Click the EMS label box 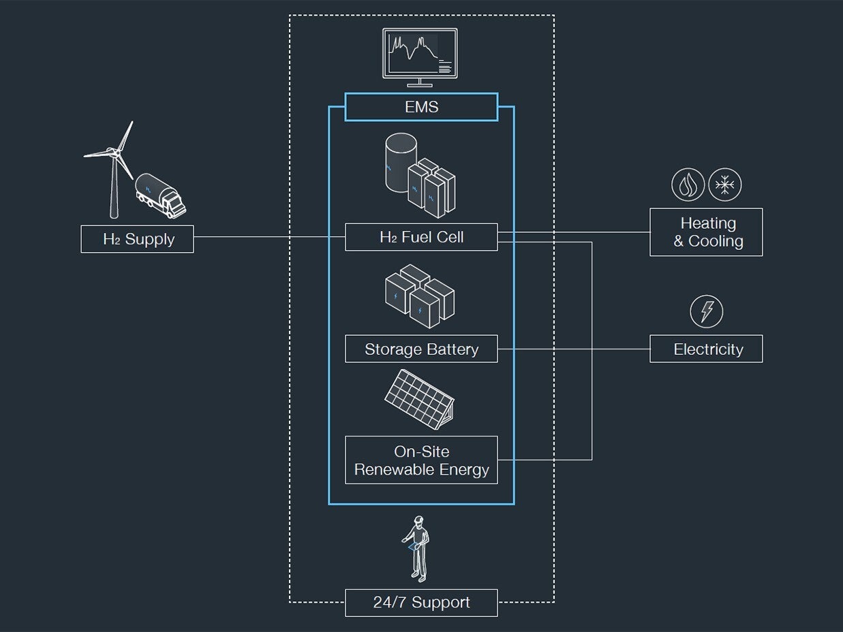tap(421, 107)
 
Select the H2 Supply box tap(137, 239)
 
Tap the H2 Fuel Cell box tap(421, 237)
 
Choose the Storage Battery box tap(421, 349)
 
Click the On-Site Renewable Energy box tap(421, 460)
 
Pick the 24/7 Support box tap(421, 603)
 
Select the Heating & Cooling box tap(706, 232)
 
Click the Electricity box tap(706, 349)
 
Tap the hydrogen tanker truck tap(161, 195)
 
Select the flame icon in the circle tap(688, 185)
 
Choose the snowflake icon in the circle tap(724, 185)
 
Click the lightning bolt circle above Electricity tap(707, 311)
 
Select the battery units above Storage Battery tap(419, 293)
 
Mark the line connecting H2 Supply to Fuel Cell tap(269, 237)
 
